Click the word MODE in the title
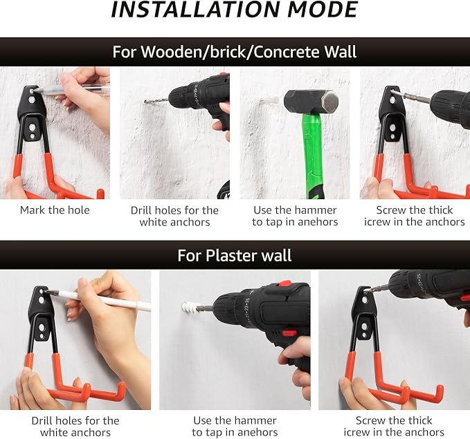coord(323,10)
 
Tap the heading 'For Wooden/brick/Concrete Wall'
coord(235,52)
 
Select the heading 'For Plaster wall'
coord(235,255)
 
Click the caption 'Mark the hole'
coord(55,210)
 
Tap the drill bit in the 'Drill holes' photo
coord(156,101)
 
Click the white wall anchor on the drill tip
coord(190,308)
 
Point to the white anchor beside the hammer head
coord(271,101)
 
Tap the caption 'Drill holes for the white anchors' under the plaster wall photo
coord(75,427)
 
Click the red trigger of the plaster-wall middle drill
coord(289,333)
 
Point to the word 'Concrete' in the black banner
coord(287,52)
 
